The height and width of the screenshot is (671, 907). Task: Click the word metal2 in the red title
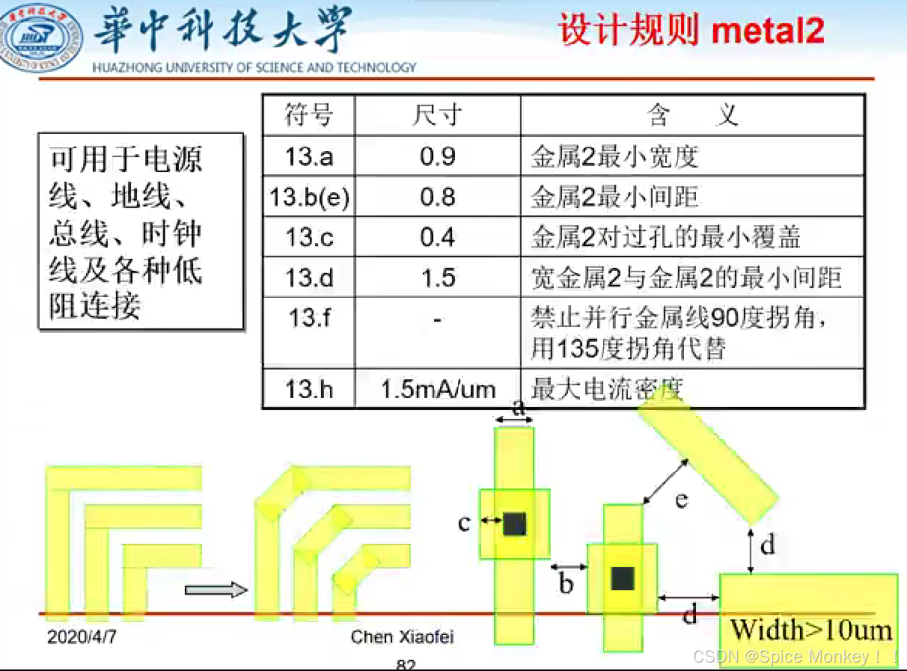pyautogui.click(x=768, y=31)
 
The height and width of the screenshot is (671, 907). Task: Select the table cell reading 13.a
pyautogui.click(x=308, y=156)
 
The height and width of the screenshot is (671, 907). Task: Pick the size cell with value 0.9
pyautogui.click(x=438, y=156)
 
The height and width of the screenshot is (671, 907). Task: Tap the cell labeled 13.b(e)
pyautogui.click(x=309, y=197)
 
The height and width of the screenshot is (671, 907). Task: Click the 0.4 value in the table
pyautogui.click(x=438, y=237)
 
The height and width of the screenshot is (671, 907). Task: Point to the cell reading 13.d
pyautogui.click(x=308, y=278)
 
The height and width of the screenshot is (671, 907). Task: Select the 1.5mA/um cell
pyautogui.click(x=438, y=389)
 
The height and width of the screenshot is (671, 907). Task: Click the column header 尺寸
pyautogui.click(x=438, y=115)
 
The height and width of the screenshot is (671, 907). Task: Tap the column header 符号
pyautogui.click(x=308, y=115)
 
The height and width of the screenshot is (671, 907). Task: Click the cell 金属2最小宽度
pyautogui.click(x=614, y=156)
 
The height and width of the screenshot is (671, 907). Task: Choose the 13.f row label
pyautogui.click(x=308, y=318)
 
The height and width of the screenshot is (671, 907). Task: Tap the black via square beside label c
pyautogui.click(x=514, y=524)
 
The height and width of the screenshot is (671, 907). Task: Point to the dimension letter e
pyautogui.click(x=681, y=499)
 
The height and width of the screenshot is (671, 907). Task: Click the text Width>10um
pyautogui.click(x=811, y=630)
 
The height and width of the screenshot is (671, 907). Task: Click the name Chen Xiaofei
pyautogui.click(x=402, y=637)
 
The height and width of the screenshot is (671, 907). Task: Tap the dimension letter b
pyautogui.click(x=566, y=583)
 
